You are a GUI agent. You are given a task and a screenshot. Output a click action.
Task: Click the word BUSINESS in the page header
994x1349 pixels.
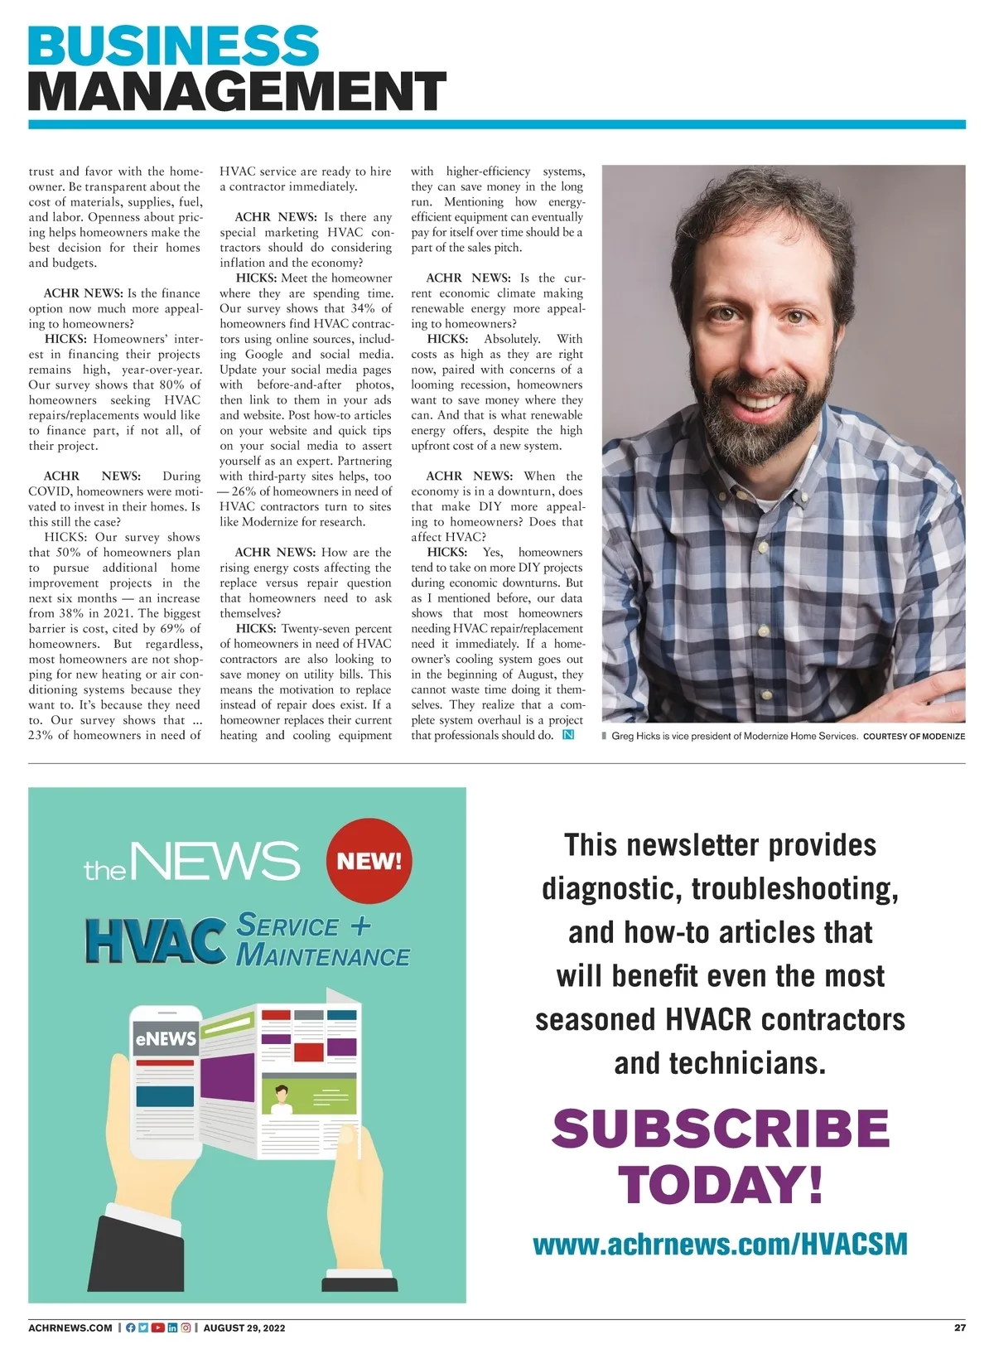point(173,46)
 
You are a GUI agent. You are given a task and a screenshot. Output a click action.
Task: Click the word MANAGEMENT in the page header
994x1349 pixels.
point(237,91)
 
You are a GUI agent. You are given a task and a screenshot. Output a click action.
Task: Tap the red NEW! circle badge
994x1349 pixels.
point(369,860)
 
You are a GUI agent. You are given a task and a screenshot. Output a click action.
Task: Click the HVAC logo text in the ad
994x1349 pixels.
point(156,940)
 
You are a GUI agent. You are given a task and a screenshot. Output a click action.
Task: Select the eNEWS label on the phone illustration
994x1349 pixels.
point(166,1038)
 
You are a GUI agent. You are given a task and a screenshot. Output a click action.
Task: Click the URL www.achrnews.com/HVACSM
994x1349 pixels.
point(720,1244)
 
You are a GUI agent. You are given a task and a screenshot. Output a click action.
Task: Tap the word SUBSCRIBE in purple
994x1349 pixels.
point(721,1129)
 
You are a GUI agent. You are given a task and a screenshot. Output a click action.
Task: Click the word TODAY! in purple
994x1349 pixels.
point(721,1184)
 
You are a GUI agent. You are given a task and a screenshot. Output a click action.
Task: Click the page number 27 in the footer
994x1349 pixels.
point(959,1327)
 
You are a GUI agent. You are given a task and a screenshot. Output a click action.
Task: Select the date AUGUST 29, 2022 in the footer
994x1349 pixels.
point(244,1327)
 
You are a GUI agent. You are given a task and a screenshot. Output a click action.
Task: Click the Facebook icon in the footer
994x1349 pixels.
point(130,1327)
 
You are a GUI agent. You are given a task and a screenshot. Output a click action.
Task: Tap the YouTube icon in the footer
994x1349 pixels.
point(157,1327)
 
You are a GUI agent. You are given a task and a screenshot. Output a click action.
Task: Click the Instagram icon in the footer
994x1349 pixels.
point(186,1327)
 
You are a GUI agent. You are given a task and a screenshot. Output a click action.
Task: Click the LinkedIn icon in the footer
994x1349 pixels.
point(172,1327)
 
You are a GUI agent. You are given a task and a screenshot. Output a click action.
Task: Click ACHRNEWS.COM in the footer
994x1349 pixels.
point(70,1327)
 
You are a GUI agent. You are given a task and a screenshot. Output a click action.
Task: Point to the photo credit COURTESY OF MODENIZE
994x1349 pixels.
point(914,736)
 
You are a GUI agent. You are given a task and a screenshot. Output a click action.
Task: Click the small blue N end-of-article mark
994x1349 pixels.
point(568,735)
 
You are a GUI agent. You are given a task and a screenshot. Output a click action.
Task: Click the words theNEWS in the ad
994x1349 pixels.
point(191,862)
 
